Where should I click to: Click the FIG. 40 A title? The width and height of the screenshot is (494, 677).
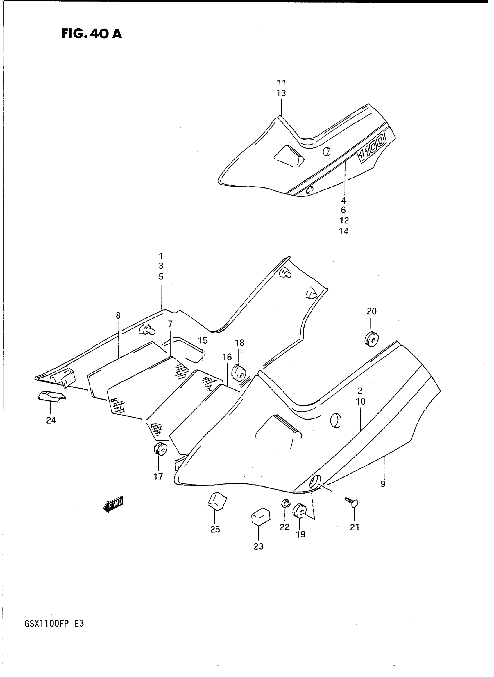point(92,34)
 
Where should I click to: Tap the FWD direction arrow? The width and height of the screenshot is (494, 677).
point(113,504)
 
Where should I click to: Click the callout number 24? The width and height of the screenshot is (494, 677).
point(51,420)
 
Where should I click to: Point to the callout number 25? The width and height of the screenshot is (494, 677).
point(215,530)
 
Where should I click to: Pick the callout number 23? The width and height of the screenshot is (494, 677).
point(259,546)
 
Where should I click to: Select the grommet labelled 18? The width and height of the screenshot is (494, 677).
point(239,373)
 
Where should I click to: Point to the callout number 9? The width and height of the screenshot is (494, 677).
point(383,484)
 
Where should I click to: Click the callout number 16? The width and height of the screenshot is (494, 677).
point(227,357)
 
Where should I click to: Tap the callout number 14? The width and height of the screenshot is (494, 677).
point(343,231)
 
